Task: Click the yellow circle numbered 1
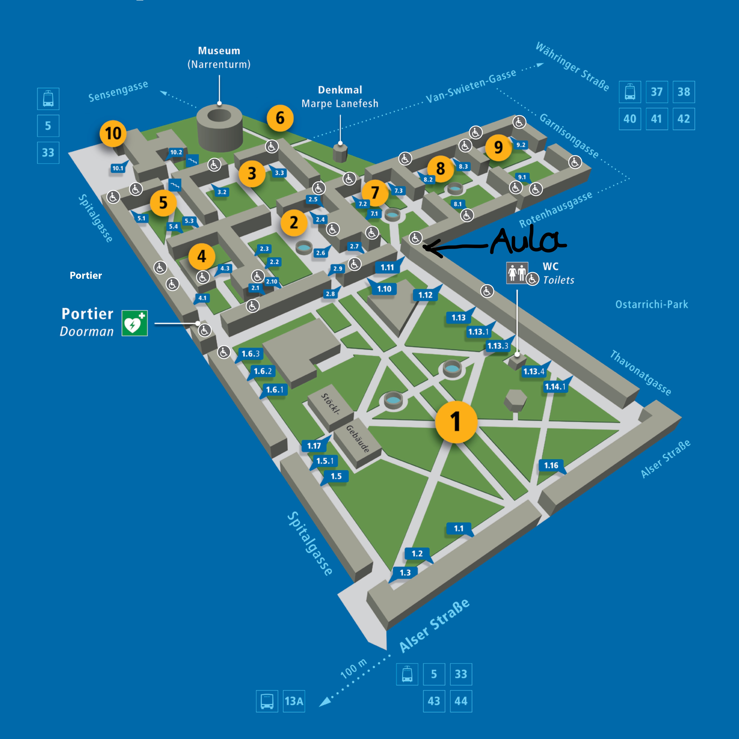click(x=456, y=422)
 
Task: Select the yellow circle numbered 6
click(x=280, y=118)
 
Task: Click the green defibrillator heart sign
click(x=135, y=323)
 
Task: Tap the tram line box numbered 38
click(x=684, y=92)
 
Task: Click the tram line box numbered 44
click(x=461, y=701)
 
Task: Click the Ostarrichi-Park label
click(x=651, y=305)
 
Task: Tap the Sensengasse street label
click(x=118, y=92)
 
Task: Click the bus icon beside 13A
click(x=267, y=701)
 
